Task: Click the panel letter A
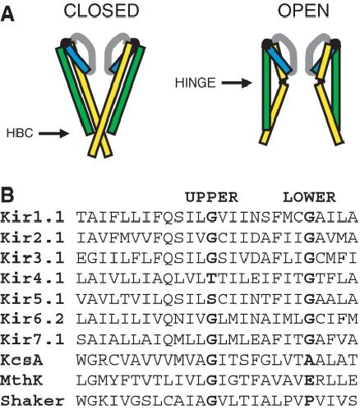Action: [7, 15]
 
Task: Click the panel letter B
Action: [7, 195]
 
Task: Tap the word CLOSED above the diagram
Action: [101, 11]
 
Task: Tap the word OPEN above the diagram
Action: [303, 11]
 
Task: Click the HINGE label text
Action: [195, 83]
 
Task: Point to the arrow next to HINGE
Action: [237, 83]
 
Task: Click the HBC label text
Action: [20, 133]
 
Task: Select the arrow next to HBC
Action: [53, 133]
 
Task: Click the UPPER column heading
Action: [211, 197]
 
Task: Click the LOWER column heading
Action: [309, 197]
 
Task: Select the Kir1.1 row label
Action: [32, 218]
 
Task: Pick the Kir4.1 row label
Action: [32, 279]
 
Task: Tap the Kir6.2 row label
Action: [32, 319]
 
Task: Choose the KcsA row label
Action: [22, 360]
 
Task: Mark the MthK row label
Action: [22, 380]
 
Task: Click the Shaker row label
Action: [32, 400]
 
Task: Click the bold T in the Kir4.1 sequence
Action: [211, 279]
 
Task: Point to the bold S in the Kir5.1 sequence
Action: [211, 299]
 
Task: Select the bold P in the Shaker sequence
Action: [309, 400]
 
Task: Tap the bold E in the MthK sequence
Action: [309, 380]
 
